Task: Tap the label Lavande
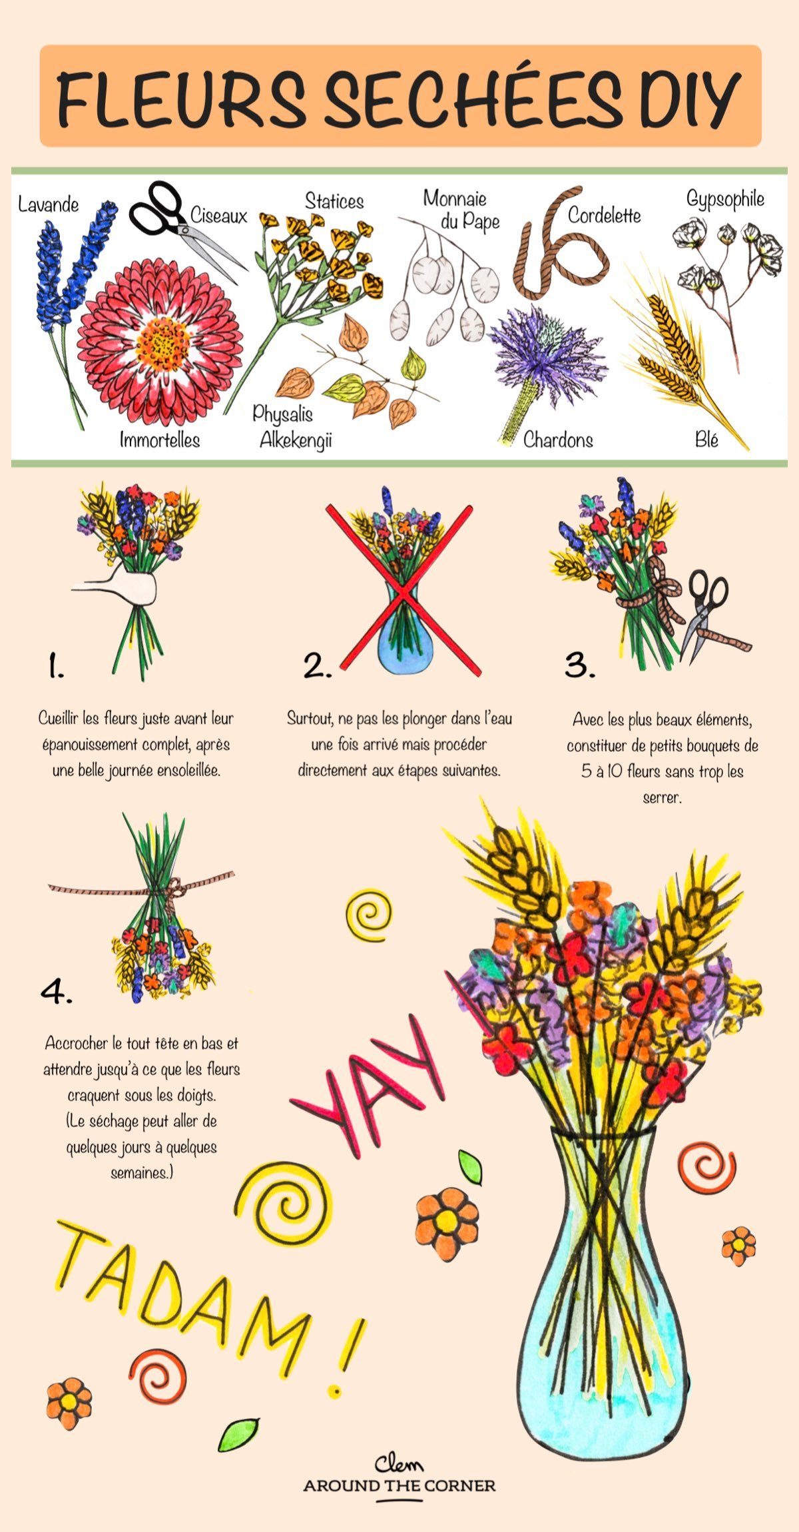[48, 204]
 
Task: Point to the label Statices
[334, 201]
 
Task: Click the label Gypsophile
[725, 198]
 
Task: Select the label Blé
[706, 440]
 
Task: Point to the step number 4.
[56, 992]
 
